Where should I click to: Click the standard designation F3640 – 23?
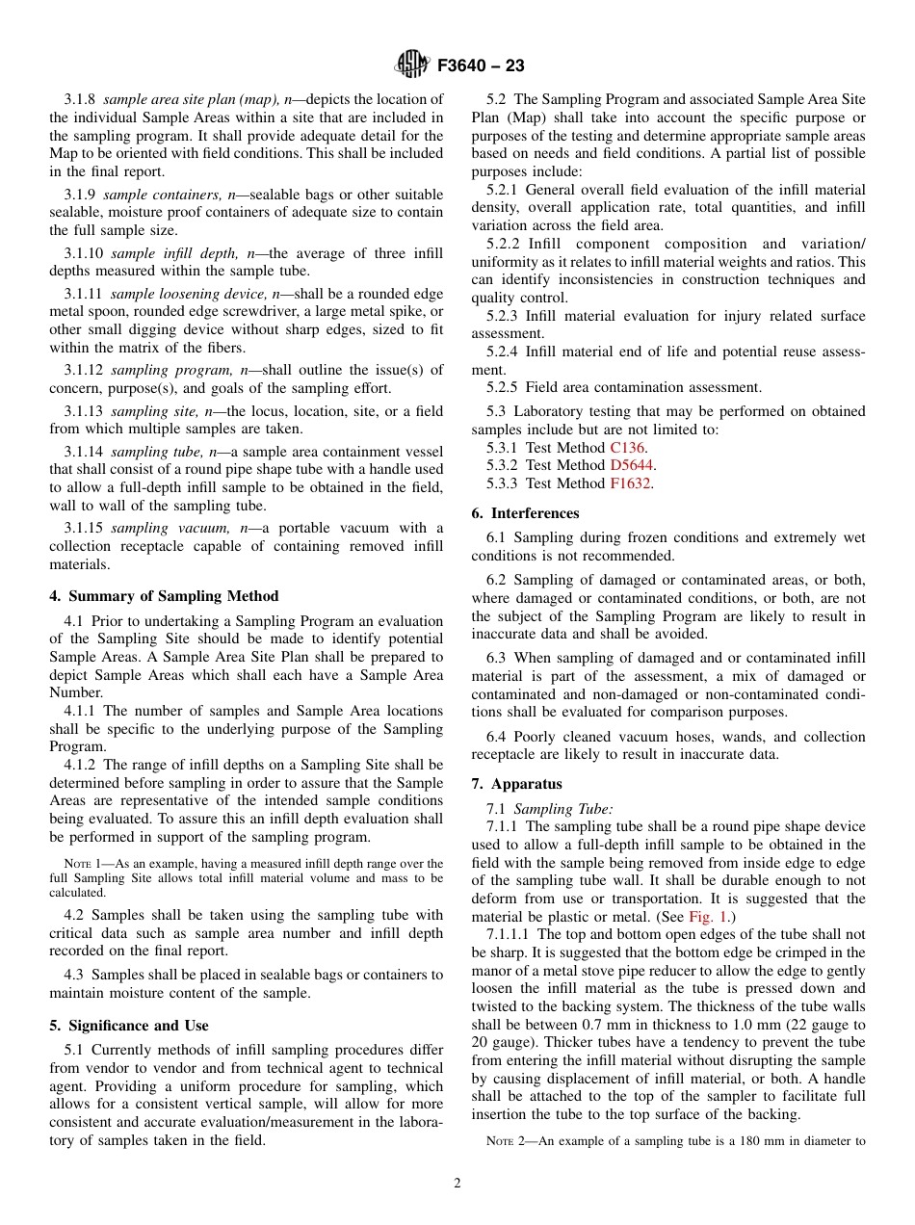[481, 66]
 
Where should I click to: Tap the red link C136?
[628, 448]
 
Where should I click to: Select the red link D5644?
[633, 465]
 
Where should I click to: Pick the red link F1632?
[631, 483]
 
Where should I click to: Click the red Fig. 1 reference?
[708, 917]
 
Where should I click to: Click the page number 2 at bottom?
[457, 1184]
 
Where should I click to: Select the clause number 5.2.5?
[503, 387]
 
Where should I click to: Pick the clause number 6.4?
[497, 737]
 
